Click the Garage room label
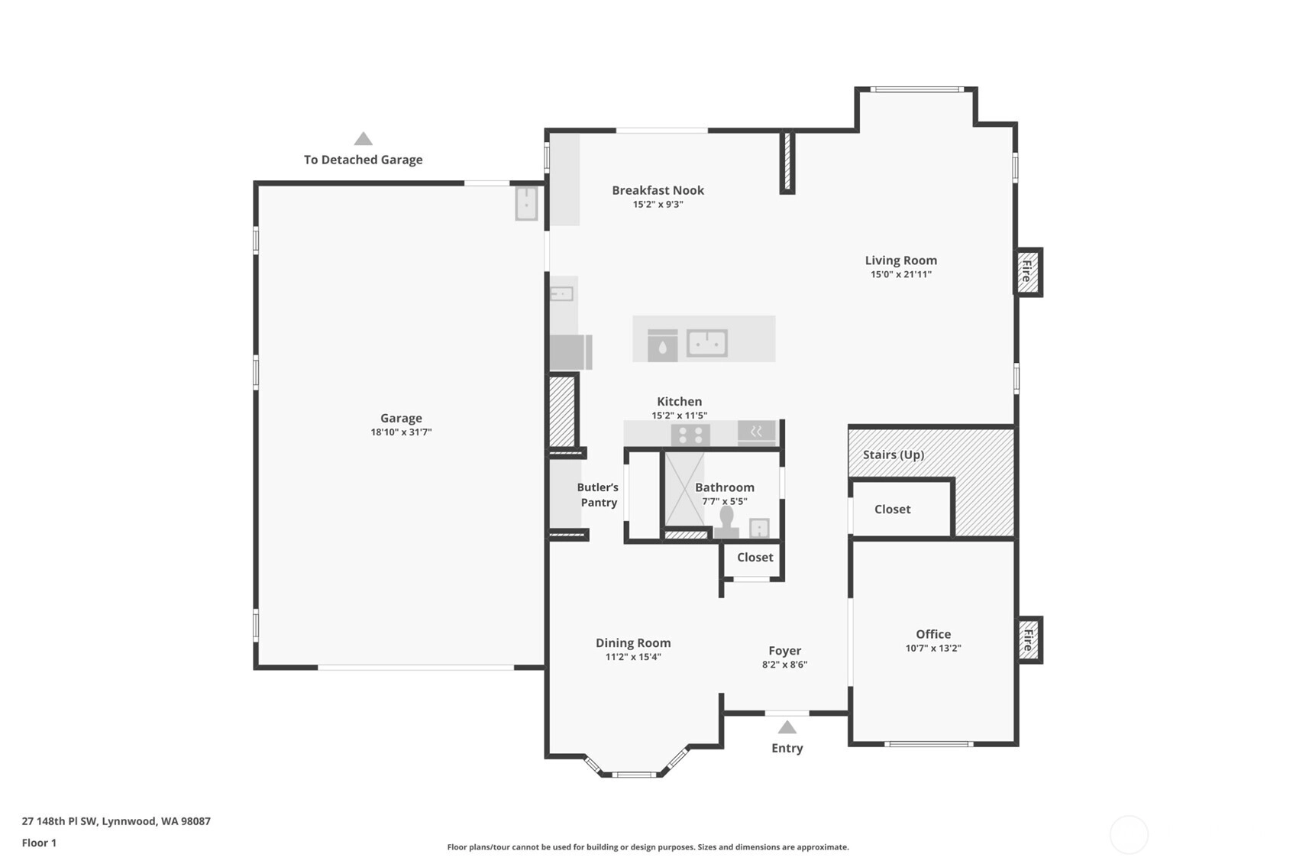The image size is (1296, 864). pyautogui.click(x=401, y=418)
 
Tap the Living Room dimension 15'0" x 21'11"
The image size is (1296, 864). pyautogui.click(x=901, y=274)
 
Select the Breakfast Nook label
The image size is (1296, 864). pyautogui.click(x=658, y=190)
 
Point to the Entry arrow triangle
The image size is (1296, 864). pyautogui.click(x=787, y=726)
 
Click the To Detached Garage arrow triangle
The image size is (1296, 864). pyautogui.click(x=364, y=138)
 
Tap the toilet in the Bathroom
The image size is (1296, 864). pyautogui.click(x=726, y=522)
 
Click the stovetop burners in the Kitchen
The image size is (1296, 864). pyautogui.click(x=691, y=435)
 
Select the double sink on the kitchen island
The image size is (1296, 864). pyautogui.click(x=707, y=343)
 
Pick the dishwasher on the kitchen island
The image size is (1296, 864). pyautogui.click(x=662, y=345)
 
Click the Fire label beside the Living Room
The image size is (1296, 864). pyautogui.click(x=1027, y=271)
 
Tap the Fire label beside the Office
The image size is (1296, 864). pyautogui.click(x=1028, y=640)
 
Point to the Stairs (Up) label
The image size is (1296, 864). pyautogui.click(x=894, y=455)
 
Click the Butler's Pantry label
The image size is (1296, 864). pyautogui.click(x=598, y=495)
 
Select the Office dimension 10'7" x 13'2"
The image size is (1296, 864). pyautogui.click(x=933, y=648)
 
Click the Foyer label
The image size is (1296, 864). pyautogui.click(x=784, y=651)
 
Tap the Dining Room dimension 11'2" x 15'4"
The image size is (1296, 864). pyautogui.click(x=633, y=657)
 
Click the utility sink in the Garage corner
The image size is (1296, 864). pyautogui.click(x=526, y=203)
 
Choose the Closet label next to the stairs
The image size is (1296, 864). pyautogui.click(x=892, y=510)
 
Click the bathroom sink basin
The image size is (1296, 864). pyautogui.click(x=759, y=528)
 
